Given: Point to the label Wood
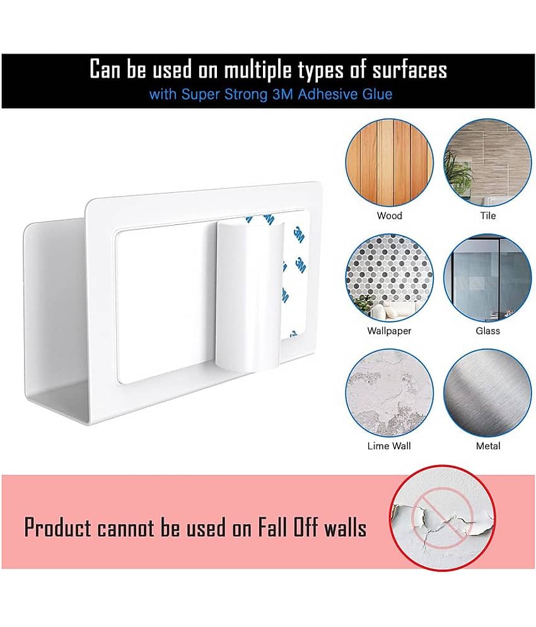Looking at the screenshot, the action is pyautogui.click(x=389, y=216).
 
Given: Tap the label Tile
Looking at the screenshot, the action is pyautogui.click(x=488, y=216).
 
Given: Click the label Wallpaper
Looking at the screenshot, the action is pyautogui.click(x=389, y=331).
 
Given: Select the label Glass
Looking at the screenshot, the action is pyautogui.click(x=488, y=331).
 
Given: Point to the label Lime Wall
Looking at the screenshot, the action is pyautogui.click(x=389, y=446).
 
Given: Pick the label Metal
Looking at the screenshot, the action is pyautogui.click(x=488, y=446).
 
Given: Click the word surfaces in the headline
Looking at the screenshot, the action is pyautogui.click(x=410, y=71).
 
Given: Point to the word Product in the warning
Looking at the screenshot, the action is pyautogui.click(x=58, y=527).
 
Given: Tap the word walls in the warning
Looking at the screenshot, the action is pyautogui.click(x=345, y=527).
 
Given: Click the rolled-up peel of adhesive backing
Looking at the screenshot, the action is pyautogui.click(x=250, y=297).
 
